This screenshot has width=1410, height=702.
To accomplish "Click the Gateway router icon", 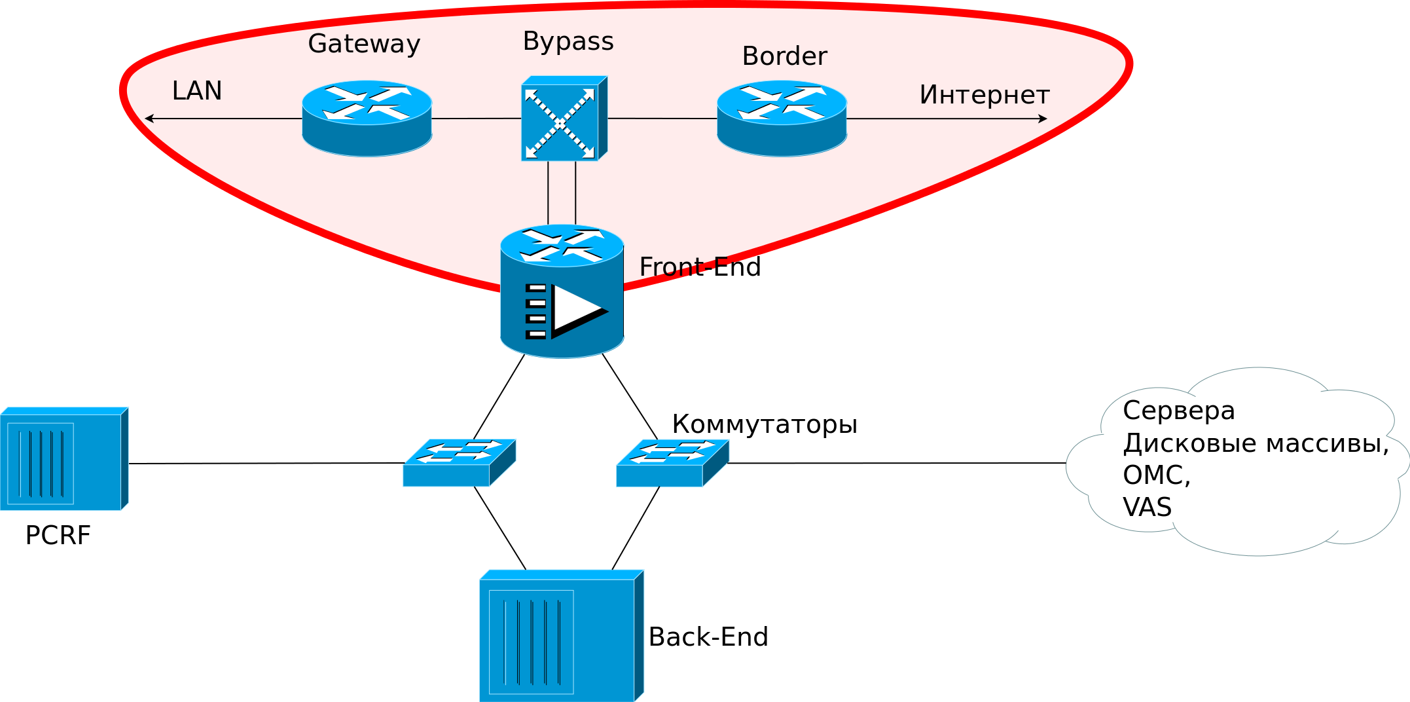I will tap(367, 119).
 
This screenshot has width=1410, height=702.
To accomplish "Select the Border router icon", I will tap(782, 119).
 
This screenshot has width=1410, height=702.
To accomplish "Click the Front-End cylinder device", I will tap(562, 291).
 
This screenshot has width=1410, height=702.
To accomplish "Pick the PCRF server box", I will tap(63, 459).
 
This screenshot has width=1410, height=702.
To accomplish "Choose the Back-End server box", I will tap(561, 636).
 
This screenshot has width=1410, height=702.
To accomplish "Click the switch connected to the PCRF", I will tap(459, 462).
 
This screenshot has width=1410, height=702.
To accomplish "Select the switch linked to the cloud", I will tap(672, 462).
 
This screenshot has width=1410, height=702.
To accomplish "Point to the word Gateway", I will tap(364, 44).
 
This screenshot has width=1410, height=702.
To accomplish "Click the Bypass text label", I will tap(568, 41).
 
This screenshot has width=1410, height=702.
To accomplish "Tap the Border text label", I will tap(784, 56).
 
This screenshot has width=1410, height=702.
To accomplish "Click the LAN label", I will tap(197, 90).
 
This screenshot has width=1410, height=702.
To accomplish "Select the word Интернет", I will tap(984, 95).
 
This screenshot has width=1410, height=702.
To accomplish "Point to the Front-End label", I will tap(700, 267).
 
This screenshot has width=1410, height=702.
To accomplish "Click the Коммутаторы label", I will tap(764, 424).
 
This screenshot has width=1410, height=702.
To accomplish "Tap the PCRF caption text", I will tap(58, 536).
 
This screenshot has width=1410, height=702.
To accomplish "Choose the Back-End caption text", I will tap(708, 637).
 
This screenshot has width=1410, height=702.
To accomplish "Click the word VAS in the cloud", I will tap(1147, 508).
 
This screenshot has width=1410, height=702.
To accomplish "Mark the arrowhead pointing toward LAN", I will tap(149, 119).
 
